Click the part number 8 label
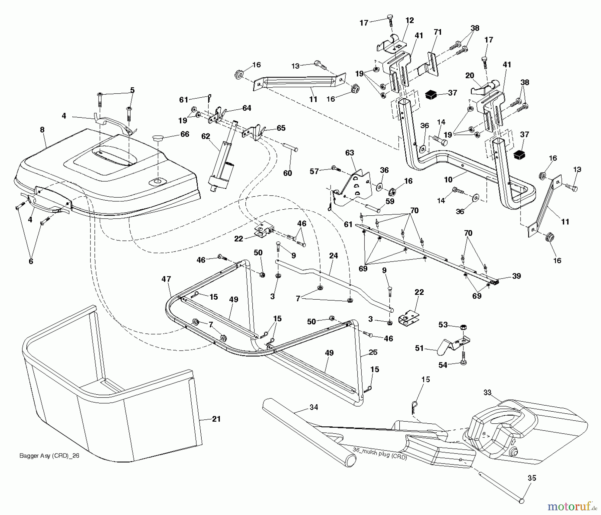pyautogui.click(x=42, y=130)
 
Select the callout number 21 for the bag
pyautogui.click(x=216, y=419)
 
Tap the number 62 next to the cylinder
pyautogui.click(x=206, y=136)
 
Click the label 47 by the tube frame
pyautogui.click(x=166, y=279)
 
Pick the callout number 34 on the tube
pyautogui.click(x=314, y=407)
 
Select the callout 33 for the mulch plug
pyautogui.click(x=487, y=392)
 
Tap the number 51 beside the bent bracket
pyautogui.click(x=419, y=348)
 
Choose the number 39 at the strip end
pyautogui.click(x=517, y=276)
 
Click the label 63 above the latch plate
pyautogui.click(x=350, y=152)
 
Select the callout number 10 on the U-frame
pyautogui.click(x=448, y=180)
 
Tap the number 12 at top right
pyautogui.click(x=410, y=20)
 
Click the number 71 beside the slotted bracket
pyautogui.click(x=437, y=32)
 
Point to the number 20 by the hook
pyautogui.click(x=469, y=76)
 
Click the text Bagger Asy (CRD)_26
pyautogui.click(x=49, y=455)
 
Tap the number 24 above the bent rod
pyautogui.click(x=333, y=256)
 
